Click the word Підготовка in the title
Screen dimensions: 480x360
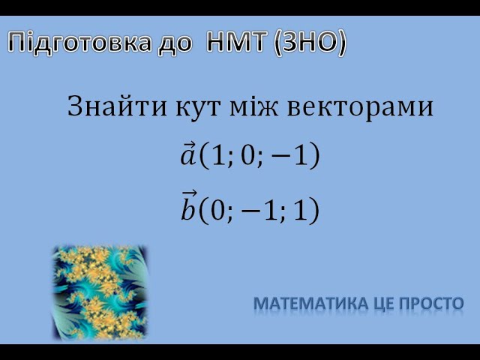pos(79,43)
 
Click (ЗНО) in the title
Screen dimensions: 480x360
pos(310,42)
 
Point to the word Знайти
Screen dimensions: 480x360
pos(117,106)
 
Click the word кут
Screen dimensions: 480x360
pos(198,108)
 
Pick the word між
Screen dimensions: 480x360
pos(253,106)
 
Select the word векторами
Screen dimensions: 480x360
pos(360,108)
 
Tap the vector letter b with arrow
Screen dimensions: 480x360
pos(188,205)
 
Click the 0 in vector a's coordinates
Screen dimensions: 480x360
pos(247,155)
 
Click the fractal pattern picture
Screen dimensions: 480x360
pos(100,292)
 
